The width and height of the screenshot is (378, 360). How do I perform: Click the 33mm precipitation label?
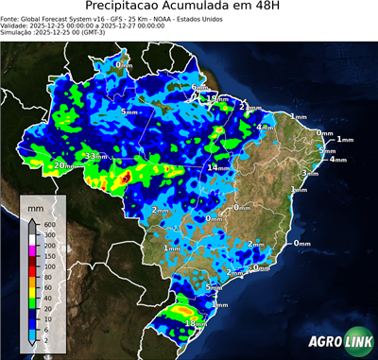pos(96,155)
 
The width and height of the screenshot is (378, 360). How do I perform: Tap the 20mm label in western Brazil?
pos(62,166)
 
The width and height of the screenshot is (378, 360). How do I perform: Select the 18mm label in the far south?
pos(196,323)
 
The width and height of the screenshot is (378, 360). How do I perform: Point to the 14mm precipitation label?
pos(218,167)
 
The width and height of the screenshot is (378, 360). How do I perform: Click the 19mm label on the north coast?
pos(216,97)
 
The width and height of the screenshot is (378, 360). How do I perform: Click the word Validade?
pos(17,26)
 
